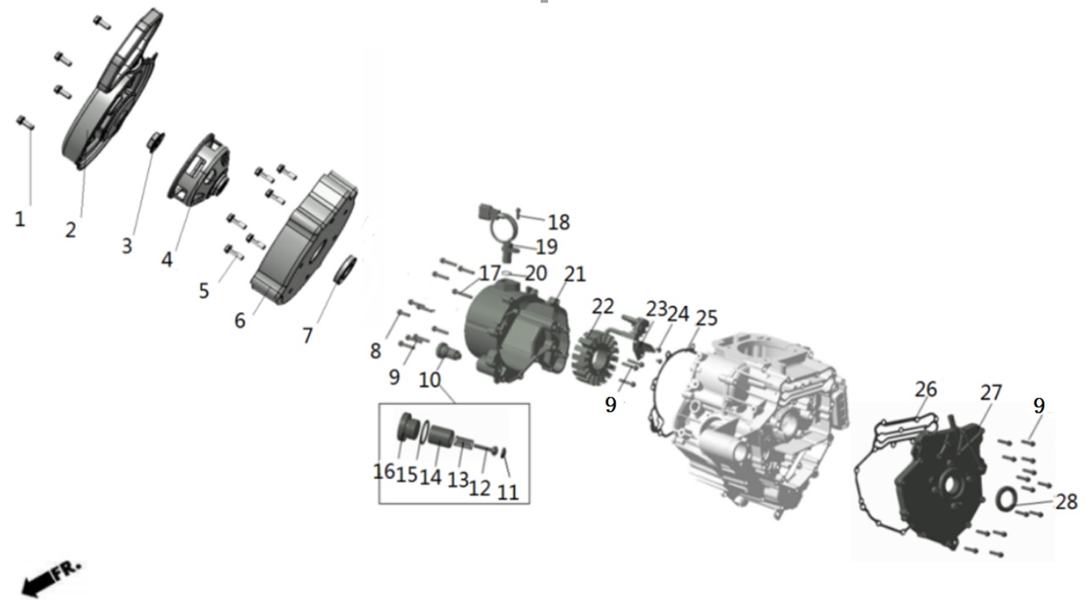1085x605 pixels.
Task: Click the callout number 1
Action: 19,219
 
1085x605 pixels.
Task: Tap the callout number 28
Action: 1066,502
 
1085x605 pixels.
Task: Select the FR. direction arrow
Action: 50,580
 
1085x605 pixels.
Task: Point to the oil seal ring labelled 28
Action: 1006,500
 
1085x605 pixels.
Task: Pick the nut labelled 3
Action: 156,141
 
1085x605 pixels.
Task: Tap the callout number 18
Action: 558,222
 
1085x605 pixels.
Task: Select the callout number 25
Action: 706,318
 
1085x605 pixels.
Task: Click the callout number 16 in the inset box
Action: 384,471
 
